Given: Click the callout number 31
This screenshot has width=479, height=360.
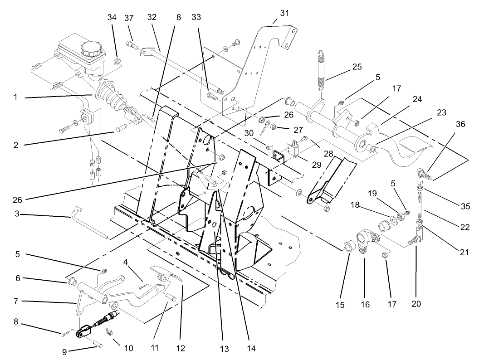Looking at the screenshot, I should pyautogui.click(x=284, y=12).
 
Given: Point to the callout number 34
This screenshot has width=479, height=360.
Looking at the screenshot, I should pyautogui.click(x=112, y=17).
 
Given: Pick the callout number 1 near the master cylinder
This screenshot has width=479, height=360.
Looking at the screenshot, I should pyautogui.click(x=16, y=97).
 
